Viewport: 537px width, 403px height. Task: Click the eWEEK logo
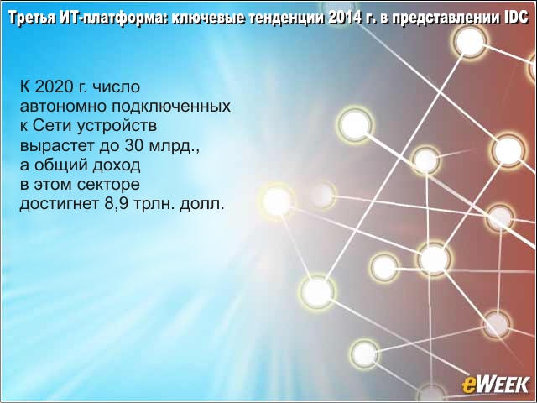495,385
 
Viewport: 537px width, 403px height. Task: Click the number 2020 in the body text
52,86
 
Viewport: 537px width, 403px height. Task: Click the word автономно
63,107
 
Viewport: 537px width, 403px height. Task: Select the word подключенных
171,107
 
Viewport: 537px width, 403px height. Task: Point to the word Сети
52,126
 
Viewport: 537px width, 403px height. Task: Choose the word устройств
117,127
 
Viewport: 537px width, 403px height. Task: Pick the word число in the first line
117,87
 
